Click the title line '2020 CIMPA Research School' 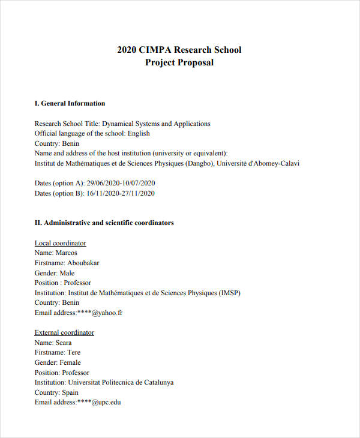click(x=179, y=50)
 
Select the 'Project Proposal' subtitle click(x=179, y=62)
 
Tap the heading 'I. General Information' click(x=70, y=103)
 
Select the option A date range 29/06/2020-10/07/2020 click(x=121, y=183)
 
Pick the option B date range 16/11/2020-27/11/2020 click(x=121, y=193)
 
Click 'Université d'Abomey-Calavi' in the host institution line click(x=257, y=163)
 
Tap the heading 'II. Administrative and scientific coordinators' click(x=104, y=223)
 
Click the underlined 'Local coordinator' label click(x=60, y=243)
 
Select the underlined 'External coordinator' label click(x=64, y=332)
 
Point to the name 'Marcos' click(x=66, y=253)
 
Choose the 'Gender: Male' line click(x=55, y=273)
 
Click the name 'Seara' click(x=64, y=342)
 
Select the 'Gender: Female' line click(x=58, y=362)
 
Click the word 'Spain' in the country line click(x=70, y=392)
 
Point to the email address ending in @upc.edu click(x=99, y=402)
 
